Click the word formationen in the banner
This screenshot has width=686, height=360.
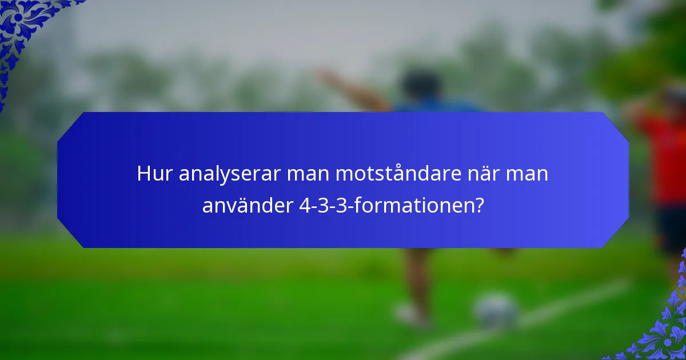[413, 206]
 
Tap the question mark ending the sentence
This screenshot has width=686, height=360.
[478, 206]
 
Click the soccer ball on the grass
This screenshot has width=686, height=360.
[496, 311]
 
